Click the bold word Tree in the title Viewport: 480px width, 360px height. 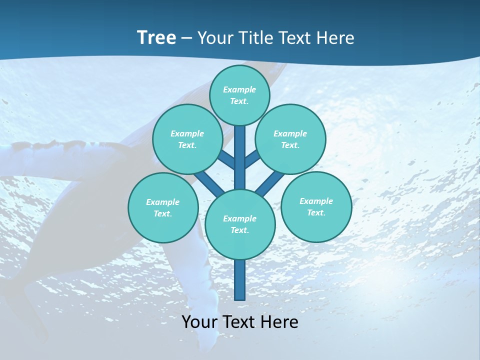(156, 37)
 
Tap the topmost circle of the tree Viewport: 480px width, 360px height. (239, 95)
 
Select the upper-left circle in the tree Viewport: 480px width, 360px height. (187, 139)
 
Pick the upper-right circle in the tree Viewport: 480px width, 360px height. (290, 139)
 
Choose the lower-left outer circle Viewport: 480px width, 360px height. (163, 207)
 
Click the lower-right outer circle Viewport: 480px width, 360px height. (316, 206)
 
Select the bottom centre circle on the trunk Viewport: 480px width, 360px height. (240, 224)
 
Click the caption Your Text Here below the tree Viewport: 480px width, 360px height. (240, 322)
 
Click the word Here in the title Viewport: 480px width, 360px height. (336, 38)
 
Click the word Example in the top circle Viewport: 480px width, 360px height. (239, 89)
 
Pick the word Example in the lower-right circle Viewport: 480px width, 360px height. (316, 201)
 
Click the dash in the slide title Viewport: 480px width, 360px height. (186, 38)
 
